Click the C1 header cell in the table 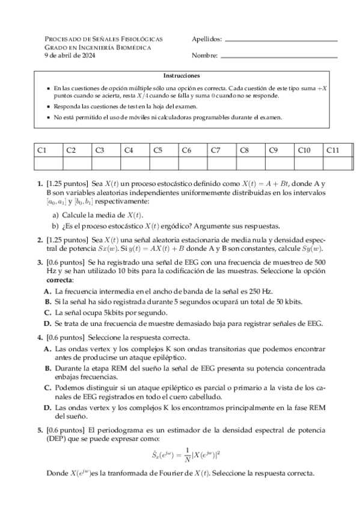coord(47,150)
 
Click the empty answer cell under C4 coord(135,162)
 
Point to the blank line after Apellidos coord(280,40)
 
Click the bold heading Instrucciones coord(181,76)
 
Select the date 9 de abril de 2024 coord(70,56)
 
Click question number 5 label coord(40,431)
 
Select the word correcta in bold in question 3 coord(59,280)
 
